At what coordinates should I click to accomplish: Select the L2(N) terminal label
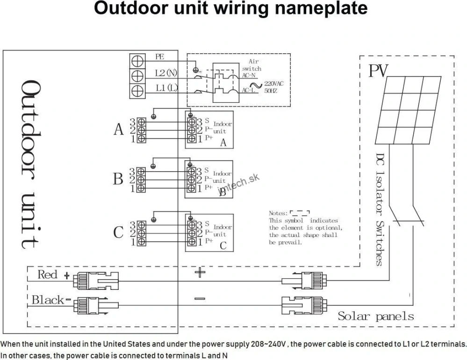166,73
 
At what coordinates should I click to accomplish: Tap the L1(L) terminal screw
137,90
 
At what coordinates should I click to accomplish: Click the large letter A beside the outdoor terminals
119,130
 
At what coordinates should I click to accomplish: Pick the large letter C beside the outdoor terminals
119,232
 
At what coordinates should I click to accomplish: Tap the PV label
379,71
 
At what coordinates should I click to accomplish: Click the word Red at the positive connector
47,274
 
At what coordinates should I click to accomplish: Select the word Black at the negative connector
48,300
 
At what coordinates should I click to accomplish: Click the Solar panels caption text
376,316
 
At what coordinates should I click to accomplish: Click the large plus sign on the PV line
200,272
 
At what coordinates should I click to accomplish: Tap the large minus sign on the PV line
200,298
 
